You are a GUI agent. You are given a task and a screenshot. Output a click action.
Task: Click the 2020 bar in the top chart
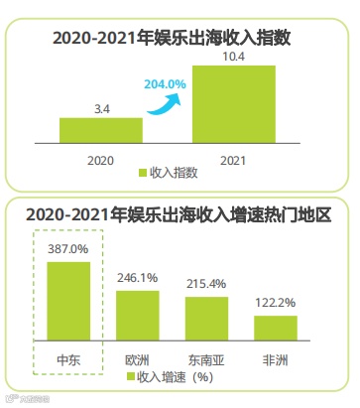[100, 132]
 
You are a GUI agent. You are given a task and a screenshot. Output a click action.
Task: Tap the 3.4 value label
[100, 107]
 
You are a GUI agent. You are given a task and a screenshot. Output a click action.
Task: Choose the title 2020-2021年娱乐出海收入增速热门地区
[179, 212]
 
